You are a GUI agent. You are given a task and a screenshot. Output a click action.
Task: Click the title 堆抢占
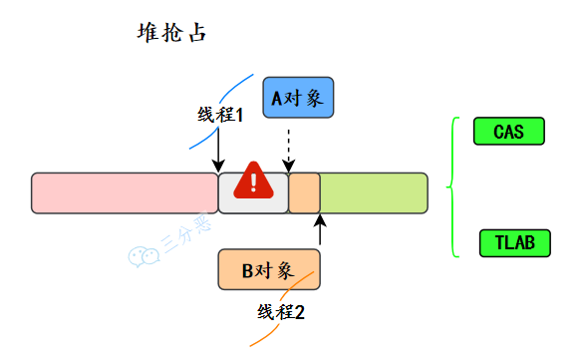(170, 33)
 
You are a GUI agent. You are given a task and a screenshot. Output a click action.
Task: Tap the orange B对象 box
(269, 269)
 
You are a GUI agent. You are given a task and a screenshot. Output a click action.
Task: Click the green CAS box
(508, 131)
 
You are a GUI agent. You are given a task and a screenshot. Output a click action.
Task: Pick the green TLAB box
(514, 242)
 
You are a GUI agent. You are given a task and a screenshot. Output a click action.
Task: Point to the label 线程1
(220, 115)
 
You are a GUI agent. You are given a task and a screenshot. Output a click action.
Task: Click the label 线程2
(281, 312)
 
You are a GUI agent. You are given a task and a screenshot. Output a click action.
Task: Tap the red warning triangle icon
(255, 180)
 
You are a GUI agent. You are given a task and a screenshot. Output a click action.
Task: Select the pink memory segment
(125, 192)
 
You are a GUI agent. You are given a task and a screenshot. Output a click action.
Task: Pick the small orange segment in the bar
(304, 192)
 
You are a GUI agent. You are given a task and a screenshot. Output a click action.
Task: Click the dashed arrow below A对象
(288, 150)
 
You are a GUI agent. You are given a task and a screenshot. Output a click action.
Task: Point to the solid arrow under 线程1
(218, 150)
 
